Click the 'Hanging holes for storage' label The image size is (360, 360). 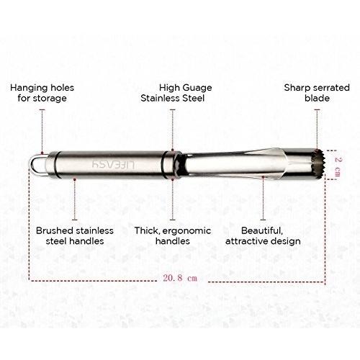(42, 93)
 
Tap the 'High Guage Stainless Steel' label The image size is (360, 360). (176, 93)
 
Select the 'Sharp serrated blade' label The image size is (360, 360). (317, 93)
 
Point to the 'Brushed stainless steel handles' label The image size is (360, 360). (75, 235)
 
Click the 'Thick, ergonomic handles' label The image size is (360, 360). (173, 235)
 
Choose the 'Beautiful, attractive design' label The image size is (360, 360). (263, 235)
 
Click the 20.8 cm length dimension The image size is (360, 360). (180, 278)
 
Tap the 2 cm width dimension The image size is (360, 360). (338, 166)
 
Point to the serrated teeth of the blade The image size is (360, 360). (320, 164)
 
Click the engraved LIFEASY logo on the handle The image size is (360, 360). (114, 164)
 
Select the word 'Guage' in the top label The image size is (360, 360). (197, 88)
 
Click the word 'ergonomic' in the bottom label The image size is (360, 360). (186, 231)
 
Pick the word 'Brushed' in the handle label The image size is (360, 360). (55, 230)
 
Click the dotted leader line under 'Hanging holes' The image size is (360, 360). (42, 131)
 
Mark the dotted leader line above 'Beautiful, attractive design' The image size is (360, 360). (263, 199)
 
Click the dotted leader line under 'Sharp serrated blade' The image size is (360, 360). (317, 130)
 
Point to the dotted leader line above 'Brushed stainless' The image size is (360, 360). (75, 199)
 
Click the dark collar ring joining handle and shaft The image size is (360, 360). (171, 165)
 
